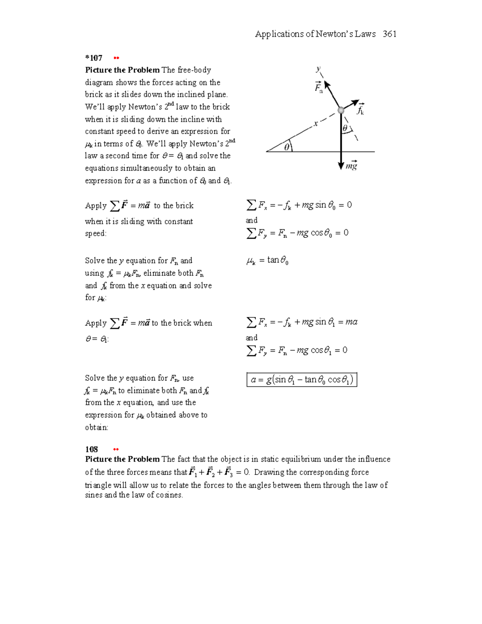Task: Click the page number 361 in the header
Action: (390, 34)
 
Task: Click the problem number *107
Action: (94, 58)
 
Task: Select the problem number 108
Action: (91, 449)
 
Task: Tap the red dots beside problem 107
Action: (116, 58)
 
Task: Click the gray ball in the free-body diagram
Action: (341, 110)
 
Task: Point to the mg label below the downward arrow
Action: (351, 166)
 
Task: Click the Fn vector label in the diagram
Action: (319, 88)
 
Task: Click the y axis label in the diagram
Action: (318, 69)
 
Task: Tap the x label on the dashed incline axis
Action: (316, 124)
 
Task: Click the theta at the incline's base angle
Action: (286, 147)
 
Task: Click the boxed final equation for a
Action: (302, 380)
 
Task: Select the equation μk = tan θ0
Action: (267, 261)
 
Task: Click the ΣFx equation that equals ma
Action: (302, 322)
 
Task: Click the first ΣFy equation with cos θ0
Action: (297, 233)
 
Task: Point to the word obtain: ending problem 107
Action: (96, 428)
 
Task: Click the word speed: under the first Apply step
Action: (96, 233)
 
